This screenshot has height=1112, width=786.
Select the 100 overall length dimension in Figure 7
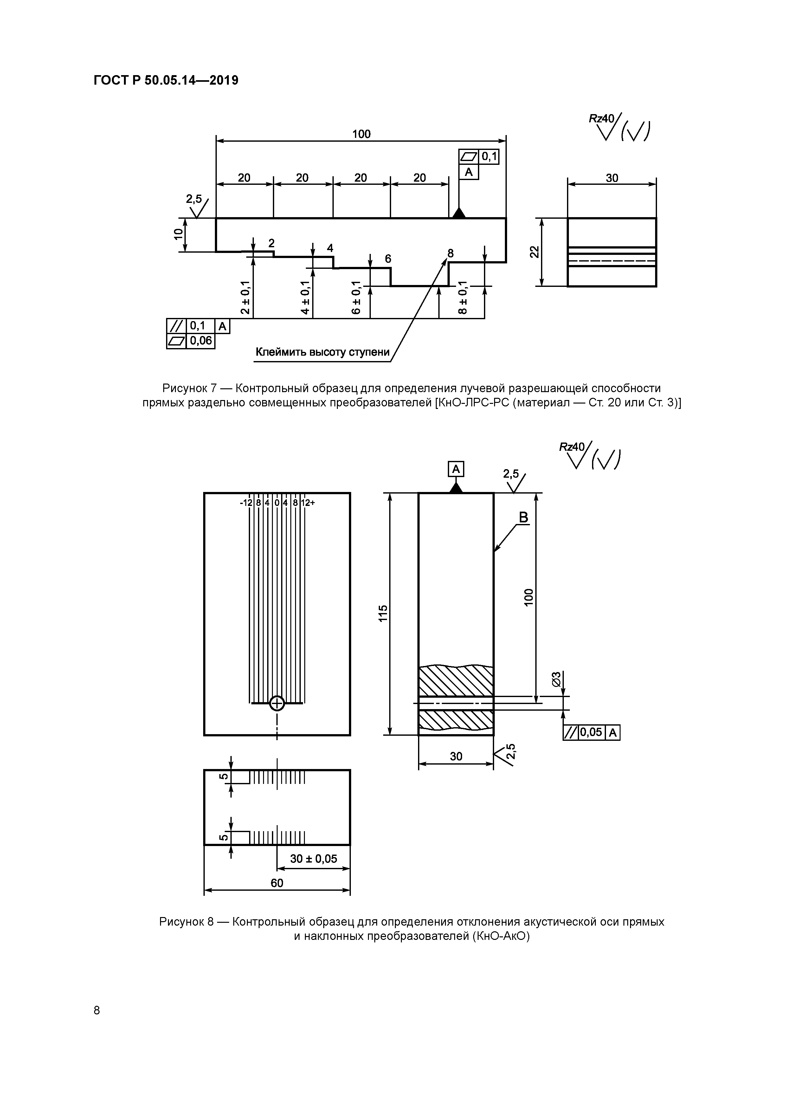pos(361,134)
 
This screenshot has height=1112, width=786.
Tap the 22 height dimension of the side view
pos(534,252)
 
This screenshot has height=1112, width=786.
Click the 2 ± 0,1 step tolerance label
pos(246,297)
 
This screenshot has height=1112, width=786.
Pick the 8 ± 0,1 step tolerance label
pos(462,297)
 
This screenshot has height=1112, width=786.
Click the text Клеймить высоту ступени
pos(323,352)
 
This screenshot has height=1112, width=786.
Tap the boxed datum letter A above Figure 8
pos(456,469)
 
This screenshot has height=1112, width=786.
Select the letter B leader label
pos(524,518)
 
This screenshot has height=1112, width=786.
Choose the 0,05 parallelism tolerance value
pos(591,732)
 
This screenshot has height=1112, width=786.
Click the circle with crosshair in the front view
pos(277,703)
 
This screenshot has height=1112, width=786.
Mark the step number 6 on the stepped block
pos(388,259)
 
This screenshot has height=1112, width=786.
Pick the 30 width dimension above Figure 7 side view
pos(612,178)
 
